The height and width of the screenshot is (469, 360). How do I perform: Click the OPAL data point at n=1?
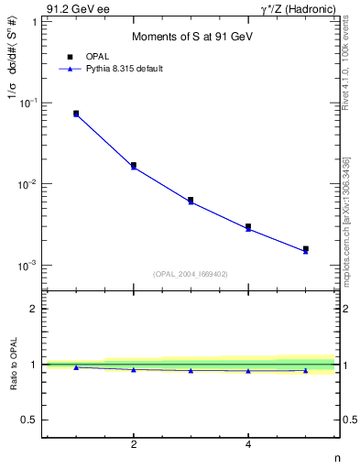76,114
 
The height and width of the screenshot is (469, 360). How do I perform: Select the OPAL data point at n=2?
134,165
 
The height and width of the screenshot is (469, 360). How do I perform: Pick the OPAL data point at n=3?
191,200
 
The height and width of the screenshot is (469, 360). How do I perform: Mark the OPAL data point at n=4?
248,226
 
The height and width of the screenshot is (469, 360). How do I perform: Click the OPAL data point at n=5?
306,248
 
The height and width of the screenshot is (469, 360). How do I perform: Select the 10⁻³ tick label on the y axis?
27,266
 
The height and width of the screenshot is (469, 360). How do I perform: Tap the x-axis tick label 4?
248,445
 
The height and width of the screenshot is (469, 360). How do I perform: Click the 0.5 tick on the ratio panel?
30,420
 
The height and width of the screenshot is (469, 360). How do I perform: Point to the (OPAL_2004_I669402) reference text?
191,273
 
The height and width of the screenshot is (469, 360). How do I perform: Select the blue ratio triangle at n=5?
306,370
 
